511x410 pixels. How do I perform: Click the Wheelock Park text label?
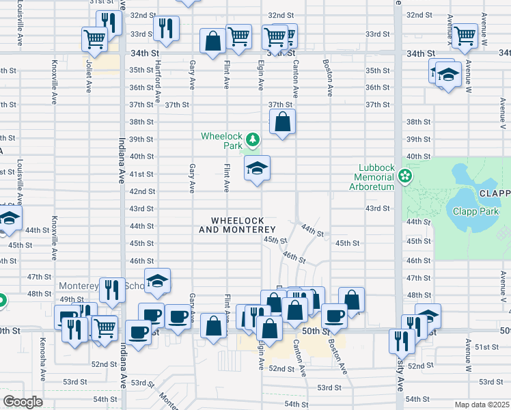coord(222,140)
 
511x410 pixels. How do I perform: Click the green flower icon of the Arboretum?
coord(405,176)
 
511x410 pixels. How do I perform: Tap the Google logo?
coord(23,402)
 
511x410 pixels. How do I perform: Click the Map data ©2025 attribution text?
coord(482,405)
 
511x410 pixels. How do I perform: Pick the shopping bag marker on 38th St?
coord(282,122)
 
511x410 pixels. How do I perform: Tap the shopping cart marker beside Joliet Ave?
coord(94,38)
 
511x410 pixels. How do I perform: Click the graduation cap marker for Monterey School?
coord(157,281)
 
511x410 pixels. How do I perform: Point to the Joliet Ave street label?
coord(89,74)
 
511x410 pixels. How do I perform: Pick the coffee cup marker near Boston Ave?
coord(334,315)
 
